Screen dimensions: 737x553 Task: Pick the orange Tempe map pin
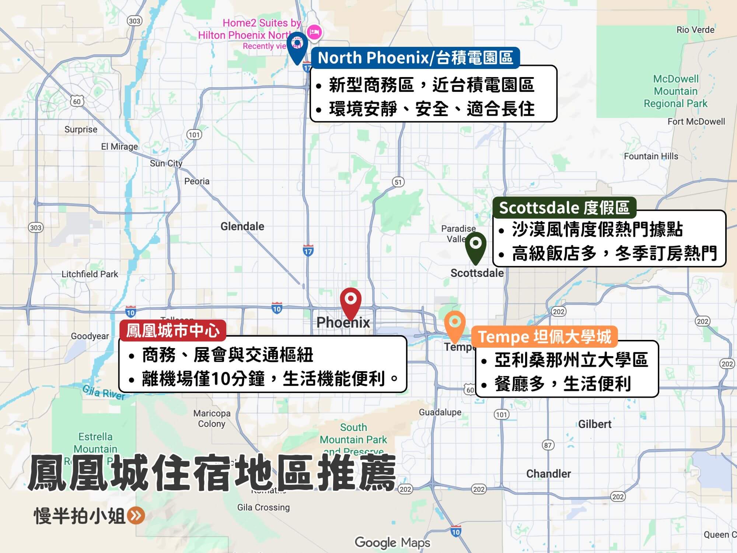[x=455, y=324]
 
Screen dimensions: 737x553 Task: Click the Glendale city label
[x=242, y=226]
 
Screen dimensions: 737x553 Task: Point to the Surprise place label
[x=81, y=129]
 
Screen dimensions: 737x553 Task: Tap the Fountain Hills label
[x=651, y=156]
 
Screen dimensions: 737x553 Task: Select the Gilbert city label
[x=594, y=424]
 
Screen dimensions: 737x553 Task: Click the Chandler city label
[x=548, y=474]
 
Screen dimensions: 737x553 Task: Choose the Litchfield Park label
[x=90, y=274]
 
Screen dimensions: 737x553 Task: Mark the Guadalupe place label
[x=440, y=412]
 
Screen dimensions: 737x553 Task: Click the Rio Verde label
[x=695, y=30]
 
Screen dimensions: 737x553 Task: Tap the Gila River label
[x=104, y=392]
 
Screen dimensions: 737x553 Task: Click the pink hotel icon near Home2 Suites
[x=314, y=32]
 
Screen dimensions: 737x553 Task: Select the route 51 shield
[x=398, y=182]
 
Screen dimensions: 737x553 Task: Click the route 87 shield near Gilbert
[x=548, y=445]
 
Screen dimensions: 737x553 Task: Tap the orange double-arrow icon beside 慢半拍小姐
[x=136, y=516]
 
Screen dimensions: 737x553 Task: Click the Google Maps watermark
[x=392, y=543]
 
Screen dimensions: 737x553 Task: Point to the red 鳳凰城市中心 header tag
[x=172, y=331]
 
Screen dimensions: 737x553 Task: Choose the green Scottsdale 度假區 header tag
[x=564, y=208]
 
